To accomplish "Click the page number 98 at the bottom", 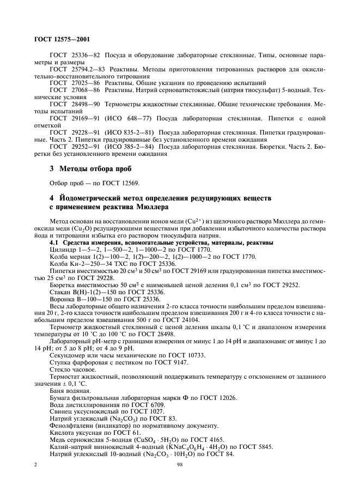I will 179,464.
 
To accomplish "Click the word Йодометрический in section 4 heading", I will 96,196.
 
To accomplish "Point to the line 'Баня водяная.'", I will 69,390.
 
